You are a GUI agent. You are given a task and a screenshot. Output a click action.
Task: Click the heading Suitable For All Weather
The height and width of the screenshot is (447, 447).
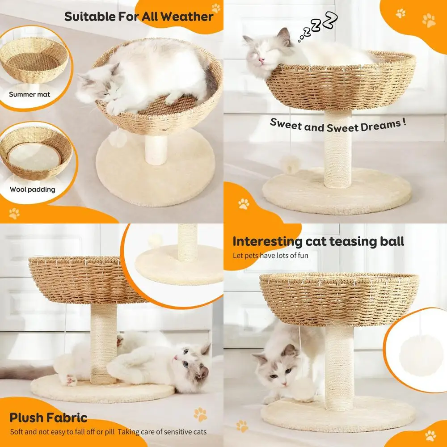point(139,17)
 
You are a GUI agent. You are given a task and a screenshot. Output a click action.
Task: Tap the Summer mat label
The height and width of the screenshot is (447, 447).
point(30,94)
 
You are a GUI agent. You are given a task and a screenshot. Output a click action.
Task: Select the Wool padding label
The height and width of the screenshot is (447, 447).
point(33,189)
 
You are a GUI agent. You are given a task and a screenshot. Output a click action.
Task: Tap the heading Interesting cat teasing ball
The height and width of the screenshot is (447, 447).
point(318,242)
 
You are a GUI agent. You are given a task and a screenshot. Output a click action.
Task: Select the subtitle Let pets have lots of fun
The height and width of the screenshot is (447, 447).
point(270,256)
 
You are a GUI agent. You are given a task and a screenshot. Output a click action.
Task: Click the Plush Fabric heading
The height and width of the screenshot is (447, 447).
point(48,418)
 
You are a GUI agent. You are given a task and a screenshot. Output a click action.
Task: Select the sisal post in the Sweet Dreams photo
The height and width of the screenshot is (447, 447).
point(337,150)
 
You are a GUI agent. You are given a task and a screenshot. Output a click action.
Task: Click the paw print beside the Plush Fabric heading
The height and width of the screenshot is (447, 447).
point(200,414)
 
